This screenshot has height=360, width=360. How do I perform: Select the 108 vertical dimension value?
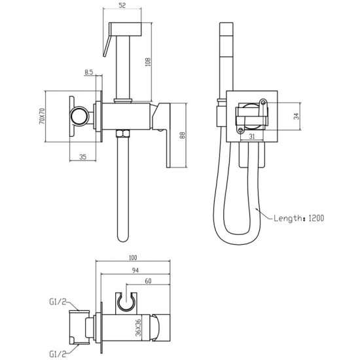149,62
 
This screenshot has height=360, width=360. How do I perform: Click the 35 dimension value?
84,156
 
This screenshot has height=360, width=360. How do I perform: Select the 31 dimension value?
251,136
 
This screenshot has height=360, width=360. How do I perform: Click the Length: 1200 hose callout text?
300,218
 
